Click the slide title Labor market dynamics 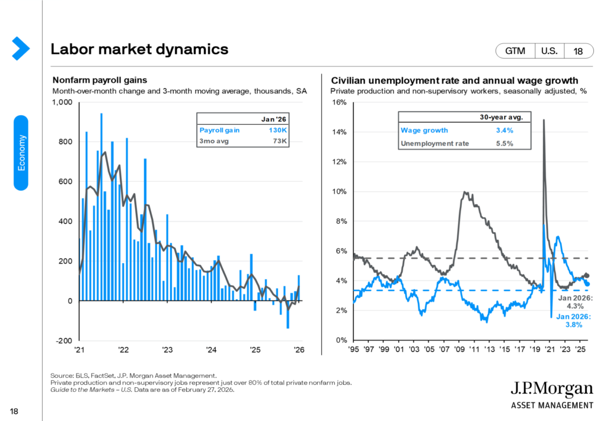pos(140,49)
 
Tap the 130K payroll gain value pos(279,129)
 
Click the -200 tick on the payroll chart pos(63,341)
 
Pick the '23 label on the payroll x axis pos(167,350)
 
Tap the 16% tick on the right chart pos(339,102)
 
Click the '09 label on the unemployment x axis pos(459,350)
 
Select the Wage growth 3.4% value pos(504,130)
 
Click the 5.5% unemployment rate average pos(504,143)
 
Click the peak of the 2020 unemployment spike pos(544,121)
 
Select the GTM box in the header pos(515,51)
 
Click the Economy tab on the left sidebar pos(21,153)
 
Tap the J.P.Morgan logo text pos(551,390)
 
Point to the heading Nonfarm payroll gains pos(100,80)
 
